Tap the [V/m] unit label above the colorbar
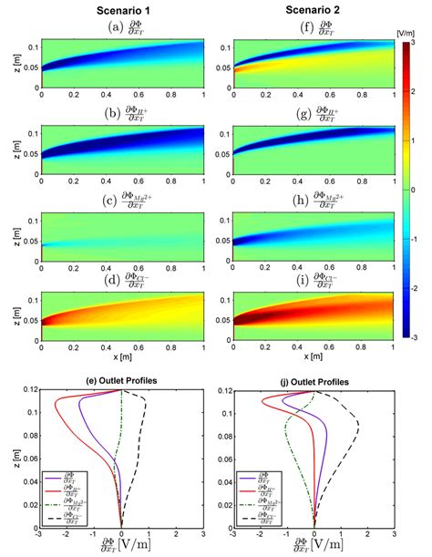pos(406,32)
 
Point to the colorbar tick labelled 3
pos(412,43)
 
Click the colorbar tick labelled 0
pos(412,190)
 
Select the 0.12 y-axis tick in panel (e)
pos(28,391)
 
